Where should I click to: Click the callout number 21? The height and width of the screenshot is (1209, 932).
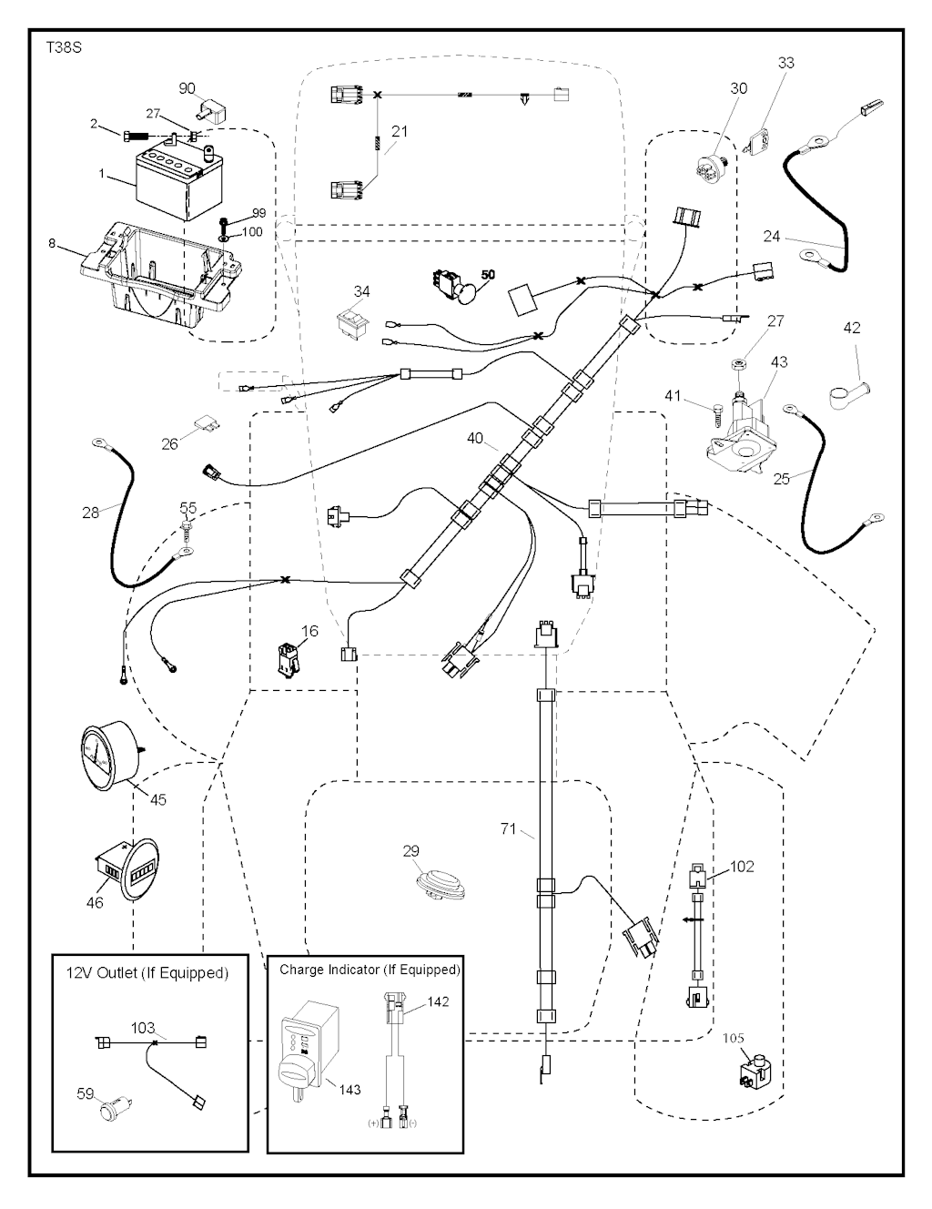tap(399, 131)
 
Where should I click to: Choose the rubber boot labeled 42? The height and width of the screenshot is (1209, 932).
tap(848, 393)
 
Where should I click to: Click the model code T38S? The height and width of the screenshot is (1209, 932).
tap(64, 47)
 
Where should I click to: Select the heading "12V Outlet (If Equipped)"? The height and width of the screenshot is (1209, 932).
tap(147, 972)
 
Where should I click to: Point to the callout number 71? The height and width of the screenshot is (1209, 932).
tap(509, 828)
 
